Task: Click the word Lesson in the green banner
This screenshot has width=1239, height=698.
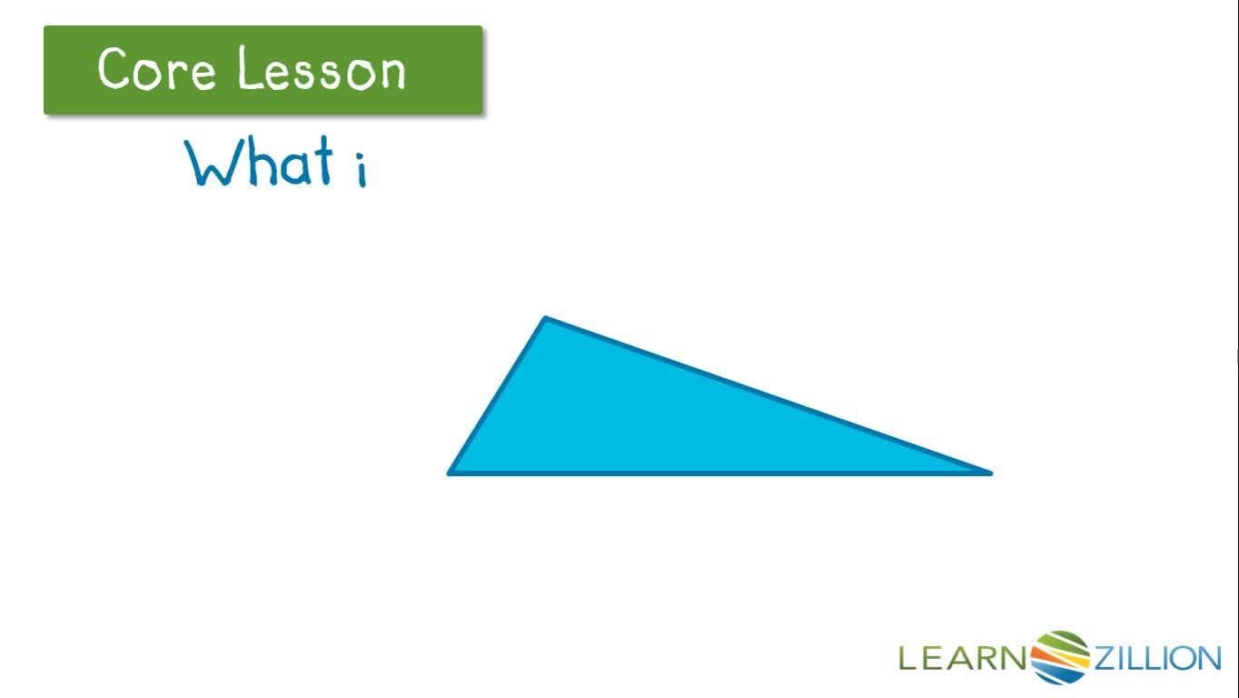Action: [x=322, y=70]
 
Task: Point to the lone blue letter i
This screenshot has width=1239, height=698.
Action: [x=361, y=170]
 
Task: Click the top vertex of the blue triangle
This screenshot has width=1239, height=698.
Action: [x=545, y=319]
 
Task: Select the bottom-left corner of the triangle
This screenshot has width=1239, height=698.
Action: [x=451, y=472]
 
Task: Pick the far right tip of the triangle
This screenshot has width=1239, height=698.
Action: [x=989, y=472]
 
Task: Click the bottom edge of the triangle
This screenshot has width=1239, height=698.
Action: [x=718, y=473]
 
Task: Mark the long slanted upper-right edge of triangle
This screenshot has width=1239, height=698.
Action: [x=768, y=395]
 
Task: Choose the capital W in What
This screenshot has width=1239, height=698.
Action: [x=212, y=164]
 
